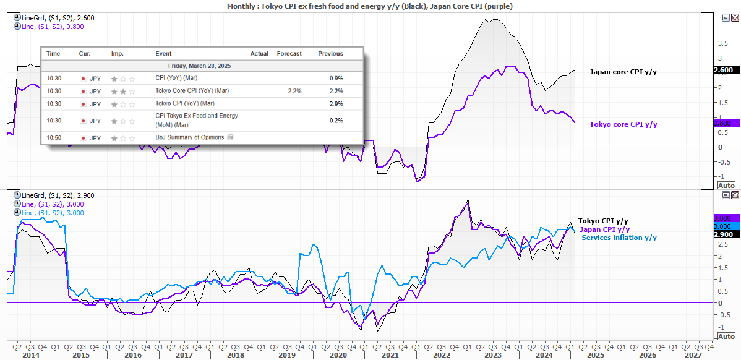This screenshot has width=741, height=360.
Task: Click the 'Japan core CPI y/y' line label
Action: [623, 72]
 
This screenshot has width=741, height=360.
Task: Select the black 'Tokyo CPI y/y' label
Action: [603, 221]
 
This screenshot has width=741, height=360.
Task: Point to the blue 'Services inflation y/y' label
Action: [619, 238]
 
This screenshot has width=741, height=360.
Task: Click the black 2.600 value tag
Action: [724, 71]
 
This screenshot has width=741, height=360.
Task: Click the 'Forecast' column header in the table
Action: [289, 54]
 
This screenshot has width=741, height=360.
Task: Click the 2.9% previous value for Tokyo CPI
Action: [336, 104]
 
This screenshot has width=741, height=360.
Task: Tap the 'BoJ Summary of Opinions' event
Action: [191, 137]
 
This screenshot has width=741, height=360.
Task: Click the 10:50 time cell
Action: [53, 137]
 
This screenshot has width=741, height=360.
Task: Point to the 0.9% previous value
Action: [336, 79]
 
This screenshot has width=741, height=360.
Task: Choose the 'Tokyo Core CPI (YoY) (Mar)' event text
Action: [194, 92]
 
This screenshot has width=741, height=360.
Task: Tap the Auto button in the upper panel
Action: [726, 186]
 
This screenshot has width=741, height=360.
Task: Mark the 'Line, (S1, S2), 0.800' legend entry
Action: [48, 27]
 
